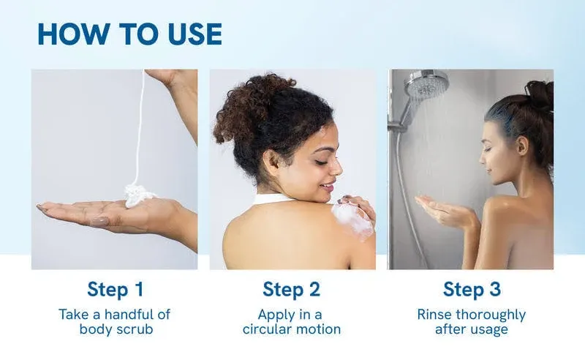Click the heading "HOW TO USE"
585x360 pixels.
(130, 34)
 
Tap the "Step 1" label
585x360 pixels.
(116, 290)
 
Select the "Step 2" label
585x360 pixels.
(291, 290)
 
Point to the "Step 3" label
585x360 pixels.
(472, 290)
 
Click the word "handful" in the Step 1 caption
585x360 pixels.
(129, 314)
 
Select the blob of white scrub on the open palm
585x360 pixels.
(138, 195)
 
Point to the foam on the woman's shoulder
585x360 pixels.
(352, 220)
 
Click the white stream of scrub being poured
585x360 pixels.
(140, 127)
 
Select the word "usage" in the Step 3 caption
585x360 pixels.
(489, 330)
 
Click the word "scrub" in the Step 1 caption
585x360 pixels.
(135, 329)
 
